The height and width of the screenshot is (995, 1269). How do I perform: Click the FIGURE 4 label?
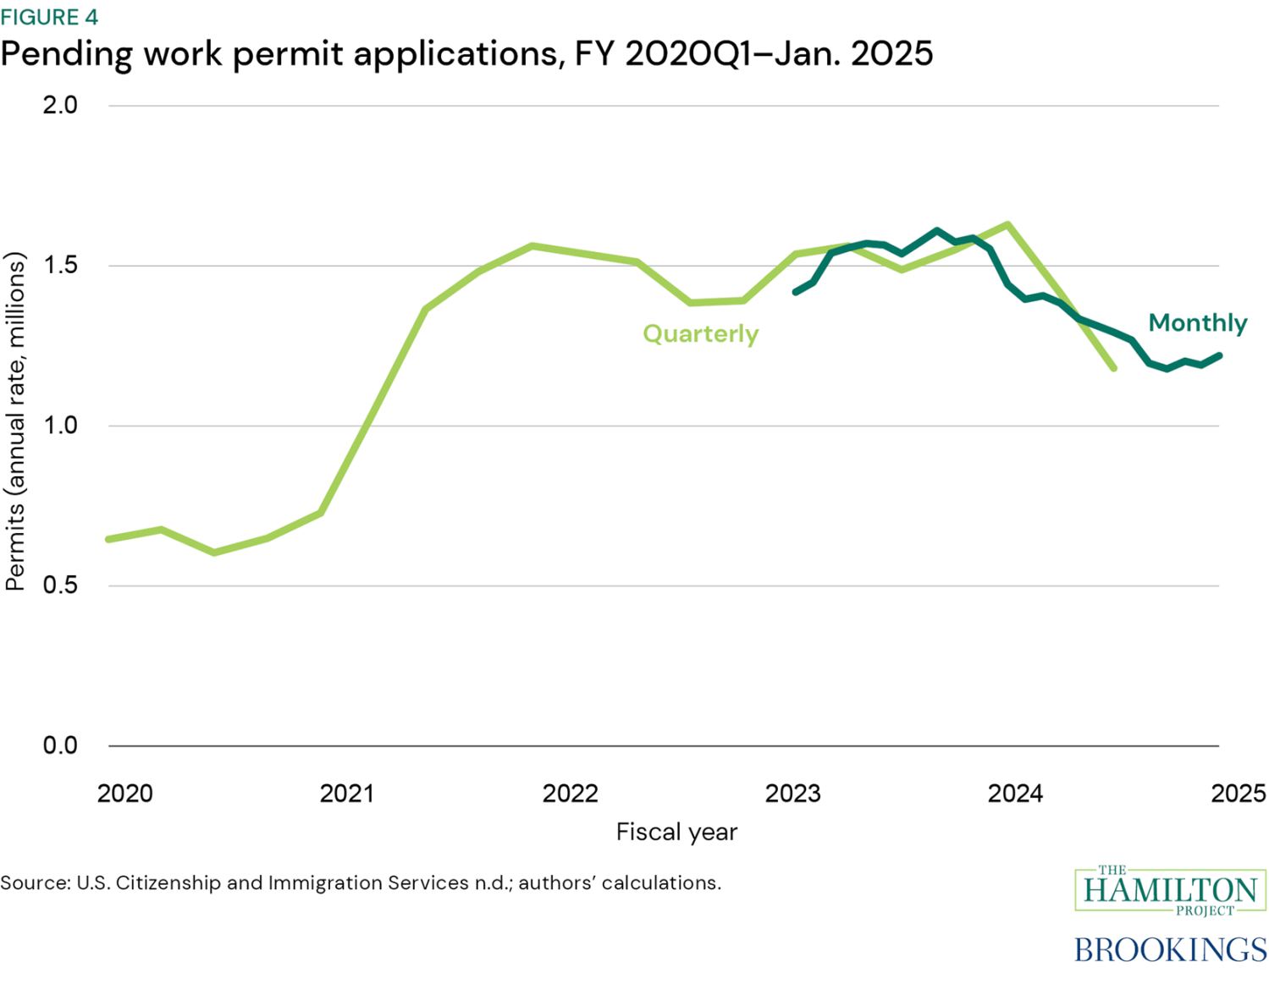coord(50,16)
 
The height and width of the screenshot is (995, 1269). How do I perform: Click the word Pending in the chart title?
coord(66,54)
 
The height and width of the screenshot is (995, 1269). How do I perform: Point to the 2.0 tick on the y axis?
coord(60,105)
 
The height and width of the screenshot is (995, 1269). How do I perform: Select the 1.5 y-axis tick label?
coord(60,266)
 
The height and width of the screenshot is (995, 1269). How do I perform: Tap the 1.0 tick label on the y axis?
coord(60,425)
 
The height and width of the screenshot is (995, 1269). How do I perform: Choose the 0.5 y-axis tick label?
coord(60,585)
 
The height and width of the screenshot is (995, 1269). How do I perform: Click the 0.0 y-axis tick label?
coord(60,745)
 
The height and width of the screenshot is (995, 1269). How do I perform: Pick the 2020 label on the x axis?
coord(124,794)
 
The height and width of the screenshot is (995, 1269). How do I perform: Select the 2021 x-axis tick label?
coord(347,794)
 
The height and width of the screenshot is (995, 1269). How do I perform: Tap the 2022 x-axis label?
coord(570,794)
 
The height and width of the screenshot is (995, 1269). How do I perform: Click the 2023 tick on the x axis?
coord(792,794)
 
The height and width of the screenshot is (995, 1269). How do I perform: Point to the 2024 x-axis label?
coord(1015,794)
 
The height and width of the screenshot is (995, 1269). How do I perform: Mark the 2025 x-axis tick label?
coord(1238,794)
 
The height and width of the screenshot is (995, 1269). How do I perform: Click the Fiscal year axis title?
coord(676,832)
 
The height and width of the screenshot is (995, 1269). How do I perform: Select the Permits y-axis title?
coord(15,421)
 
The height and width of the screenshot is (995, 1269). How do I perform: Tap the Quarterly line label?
coord(700,333)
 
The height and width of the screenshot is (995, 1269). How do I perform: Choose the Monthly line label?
coord(1197,322)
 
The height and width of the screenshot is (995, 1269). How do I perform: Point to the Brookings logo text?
coord(1170,949)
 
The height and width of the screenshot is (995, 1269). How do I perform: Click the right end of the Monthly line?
coord(1219,356)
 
